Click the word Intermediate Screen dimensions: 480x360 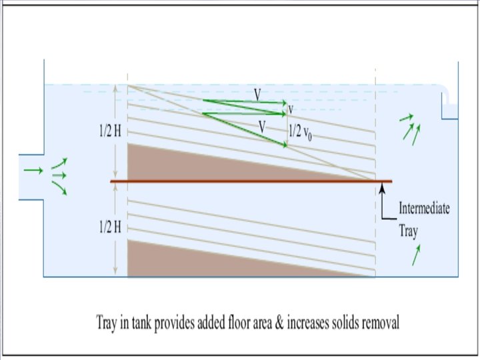pos(424,209)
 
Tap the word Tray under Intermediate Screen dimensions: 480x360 pos(409,230)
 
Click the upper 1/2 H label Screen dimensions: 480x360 pos(106,131)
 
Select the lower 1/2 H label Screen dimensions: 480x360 pos(106,227)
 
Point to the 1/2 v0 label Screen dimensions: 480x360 pos(301,132)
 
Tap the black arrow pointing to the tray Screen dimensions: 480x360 pos(383,193)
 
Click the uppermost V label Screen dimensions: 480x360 pos(257,95)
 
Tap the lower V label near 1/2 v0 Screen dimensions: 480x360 pos(263,125)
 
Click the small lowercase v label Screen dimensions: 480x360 pos(290,109)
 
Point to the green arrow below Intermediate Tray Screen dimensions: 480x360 pos(417,255)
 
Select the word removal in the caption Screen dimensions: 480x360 pos(378,324)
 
